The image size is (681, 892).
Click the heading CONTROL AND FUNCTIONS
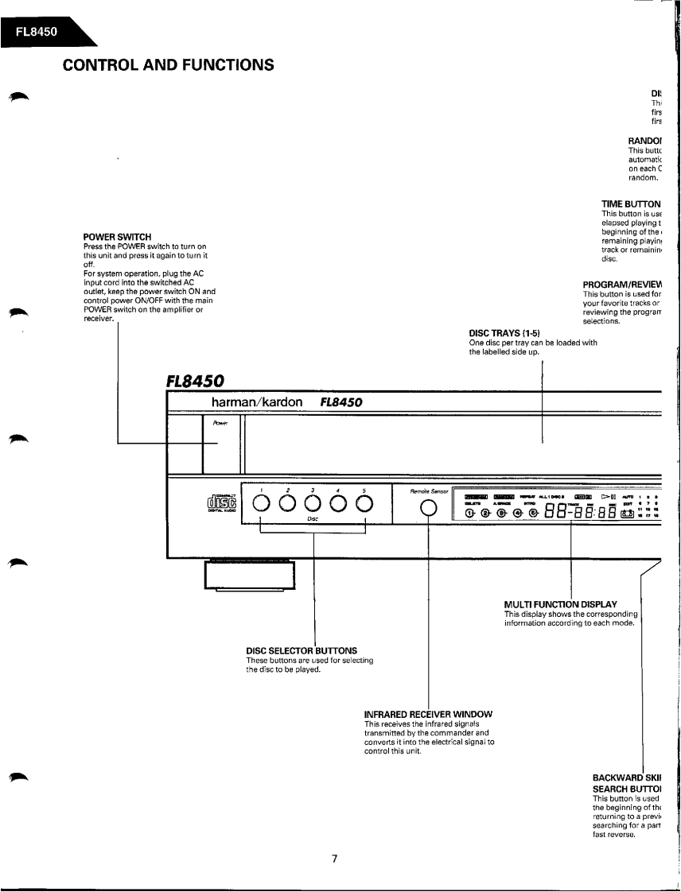point(169,64)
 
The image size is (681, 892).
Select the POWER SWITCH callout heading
point(117,237)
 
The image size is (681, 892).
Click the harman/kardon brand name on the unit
point(257,402)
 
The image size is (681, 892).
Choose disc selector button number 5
point(364,504)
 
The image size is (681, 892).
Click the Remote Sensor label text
point(430,491)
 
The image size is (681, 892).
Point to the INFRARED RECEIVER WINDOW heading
point(428,714)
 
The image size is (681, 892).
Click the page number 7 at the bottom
point(335,859)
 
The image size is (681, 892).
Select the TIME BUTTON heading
point(631,204)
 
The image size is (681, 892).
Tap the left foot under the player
point(250,574)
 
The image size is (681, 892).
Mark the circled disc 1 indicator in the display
point(469,513)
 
